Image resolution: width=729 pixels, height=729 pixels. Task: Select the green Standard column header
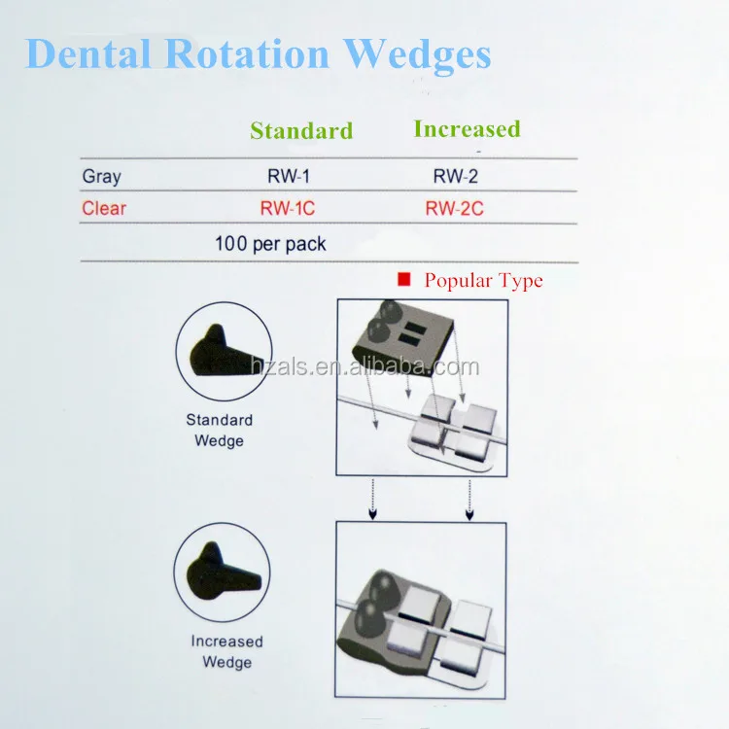point(301,130)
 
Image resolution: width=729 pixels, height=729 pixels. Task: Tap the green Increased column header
point(467,128)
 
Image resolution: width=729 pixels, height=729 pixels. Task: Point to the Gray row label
point(101,177)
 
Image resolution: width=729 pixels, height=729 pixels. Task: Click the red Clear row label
point(104,208)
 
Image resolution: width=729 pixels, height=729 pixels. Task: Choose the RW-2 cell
point(456,177)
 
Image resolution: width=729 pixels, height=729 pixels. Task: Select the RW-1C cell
point(289,208)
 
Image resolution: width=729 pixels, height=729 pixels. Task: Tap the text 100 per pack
point(270,244)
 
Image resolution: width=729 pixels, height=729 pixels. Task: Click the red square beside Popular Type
point(404,280)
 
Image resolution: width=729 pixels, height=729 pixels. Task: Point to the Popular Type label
point(483,281)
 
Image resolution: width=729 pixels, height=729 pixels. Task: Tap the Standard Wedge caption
point(220,431)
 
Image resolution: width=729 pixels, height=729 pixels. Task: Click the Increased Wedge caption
point(226,652)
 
